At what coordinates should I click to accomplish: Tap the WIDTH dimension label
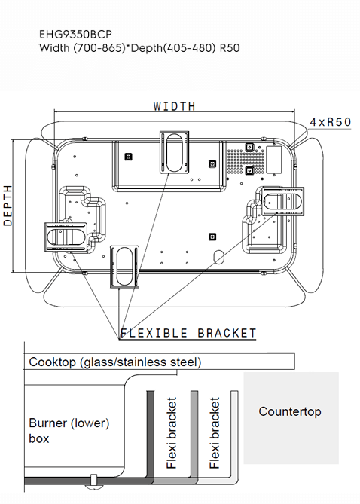[174, 106]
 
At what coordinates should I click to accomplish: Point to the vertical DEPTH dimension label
[8, 205]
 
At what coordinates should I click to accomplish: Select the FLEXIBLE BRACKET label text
[188, 333]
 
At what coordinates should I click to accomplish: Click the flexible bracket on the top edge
[175, 151]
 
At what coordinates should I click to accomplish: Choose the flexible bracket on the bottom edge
[124, 265]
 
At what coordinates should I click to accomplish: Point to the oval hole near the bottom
[219, 256]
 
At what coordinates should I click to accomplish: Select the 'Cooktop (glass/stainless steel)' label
[114, 362]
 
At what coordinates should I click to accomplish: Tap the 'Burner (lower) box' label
[69, 430]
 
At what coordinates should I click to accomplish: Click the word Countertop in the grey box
[290, 411]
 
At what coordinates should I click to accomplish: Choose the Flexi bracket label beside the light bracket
[215, 433]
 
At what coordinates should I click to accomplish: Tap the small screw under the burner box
[93, 480]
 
